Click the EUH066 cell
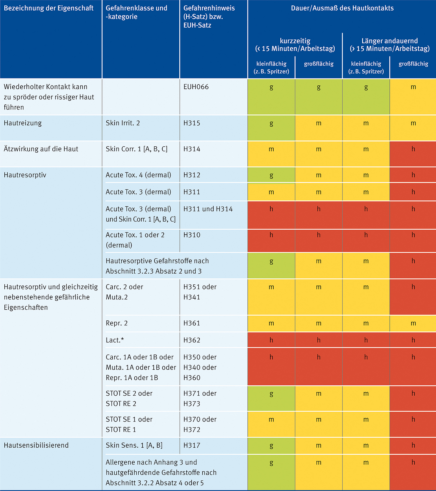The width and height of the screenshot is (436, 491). [x=196, y=87]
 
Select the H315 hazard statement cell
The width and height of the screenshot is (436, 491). [x=192, y=123]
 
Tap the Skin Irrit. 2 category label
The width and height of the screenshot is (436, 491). [x=123, y=123]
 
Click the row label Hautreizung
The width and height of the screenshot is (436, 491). [x=23, y=123]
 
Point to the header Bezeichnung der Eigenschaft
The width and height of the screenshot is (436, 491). [x=49, y=8]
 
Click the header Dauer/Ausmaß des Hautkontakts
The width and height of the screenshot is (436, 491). [x=342, y=8]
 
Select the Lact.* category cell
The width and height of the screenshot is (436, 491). [x=115, y=340]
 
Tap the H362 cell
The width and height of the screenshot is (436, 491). [x=192, y=340]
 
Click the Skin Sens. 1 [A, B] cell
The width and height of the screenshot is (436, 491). [x=134, y=445]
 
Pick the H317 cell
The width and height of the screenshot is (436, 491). [x=192, y=445]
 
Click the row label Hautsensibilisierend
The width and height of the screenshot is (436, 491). [x=36, y=445]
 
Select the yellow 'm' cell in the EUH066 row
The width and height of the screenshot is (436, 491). [x=413, y=97]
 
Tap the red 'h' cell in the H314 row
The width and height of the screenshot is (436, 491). [x=413, y=154]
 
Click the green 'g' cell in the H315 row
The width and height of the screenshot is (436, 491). [x=271, y=128]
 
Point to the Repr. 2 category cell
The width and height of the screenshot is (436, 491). [x=117, y=323]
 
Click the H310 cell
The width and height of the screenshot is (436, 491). [x=192, y=235]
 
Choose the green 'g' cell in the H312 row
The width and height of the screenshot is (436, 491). [x=271, y=175]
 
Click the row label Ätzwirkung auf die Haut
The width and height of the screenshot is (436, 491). [x=41, y=149]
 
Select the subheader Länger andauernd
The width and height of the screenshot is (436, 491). [x=389, y=41]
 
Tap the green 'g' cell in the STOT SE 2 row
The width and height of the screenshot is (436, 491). [x=271, y=398]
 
